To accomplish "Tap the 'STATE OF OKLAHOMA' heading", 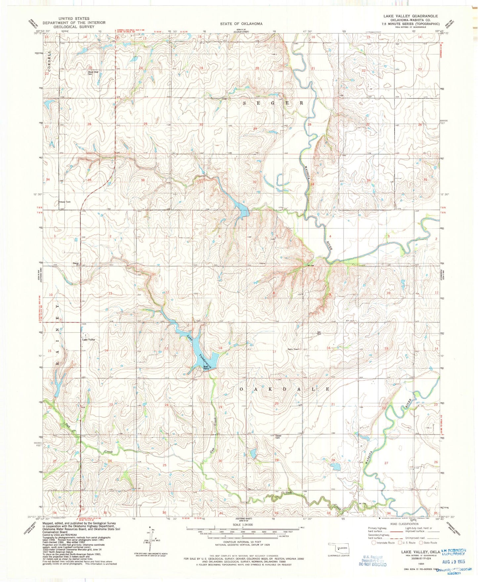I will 241,24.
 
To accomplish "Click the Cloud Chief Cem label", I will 93,73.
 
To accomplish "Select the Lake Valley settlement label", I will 89,340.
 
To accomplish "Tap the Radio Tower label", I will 293,349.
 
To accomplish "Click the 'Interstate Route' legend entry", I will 383,543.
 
